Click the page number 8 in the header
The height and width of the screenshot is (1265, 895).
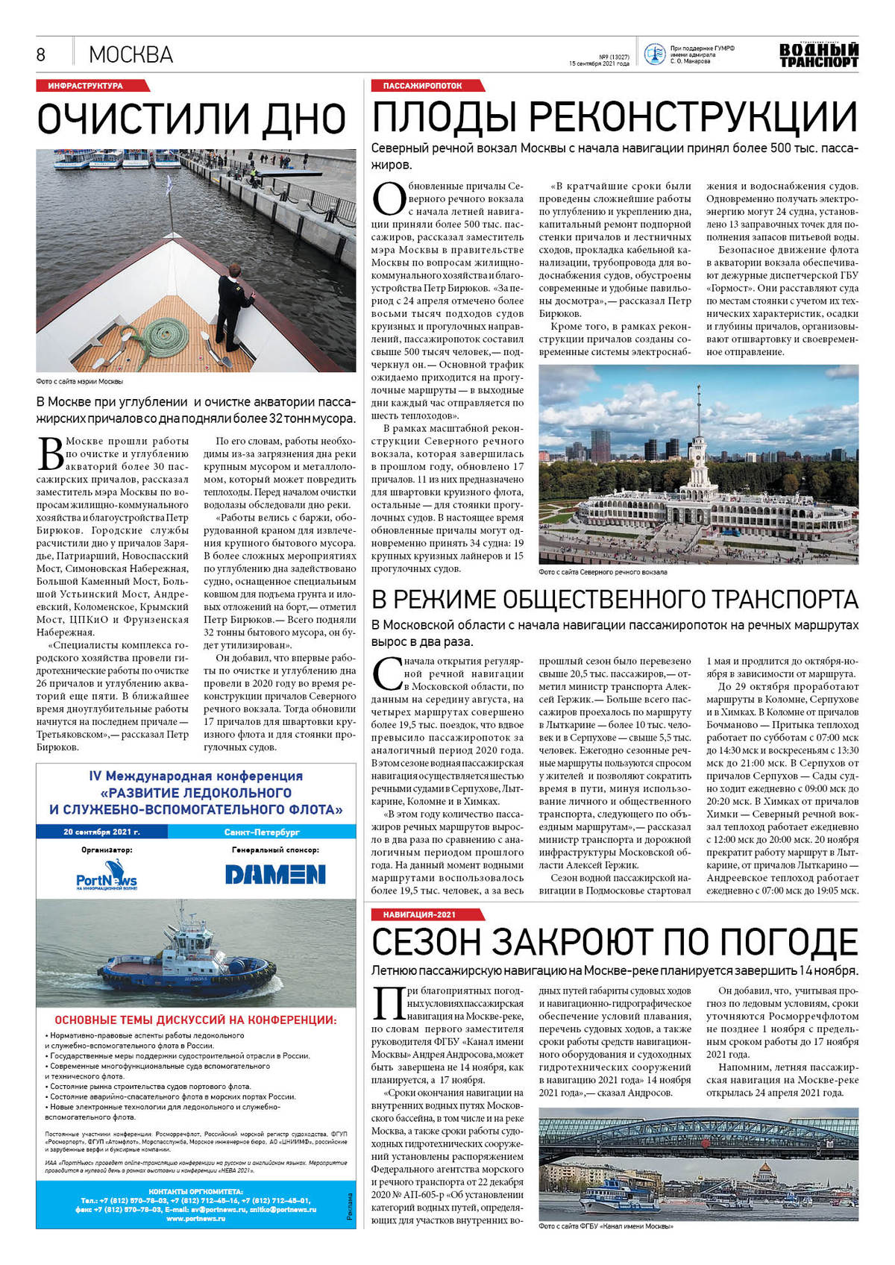coord(41,54)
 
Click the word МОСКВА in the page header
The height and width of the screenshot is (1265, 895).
coord(131,54)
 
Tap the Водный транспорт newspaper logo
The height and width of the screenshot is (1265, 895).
coord(818,55)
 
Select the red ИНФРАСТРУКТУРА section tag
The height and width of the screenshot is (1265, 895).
coord(85,86)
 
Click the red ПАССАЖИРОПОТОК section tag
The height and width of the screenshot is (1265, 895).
coord(423,86)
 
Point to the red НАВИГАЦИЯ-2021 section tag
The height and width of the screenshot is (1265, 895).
coord(419,914)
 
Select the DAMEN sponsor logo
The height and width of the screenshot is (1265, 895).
coord(275,874)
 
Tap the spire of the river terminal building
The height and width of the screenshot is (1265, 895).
coord(699,407)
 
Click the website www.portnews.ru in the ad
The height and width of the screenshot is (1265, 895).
coord(196,1218)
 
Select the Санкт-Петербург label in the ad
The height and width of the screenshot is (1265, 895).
coord(261,832)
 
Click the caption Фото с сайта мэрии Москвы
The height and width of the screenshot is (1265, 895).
coord(79,381)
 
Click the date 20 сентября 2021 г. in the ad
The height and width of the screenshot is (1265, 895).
coord(101,832)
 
